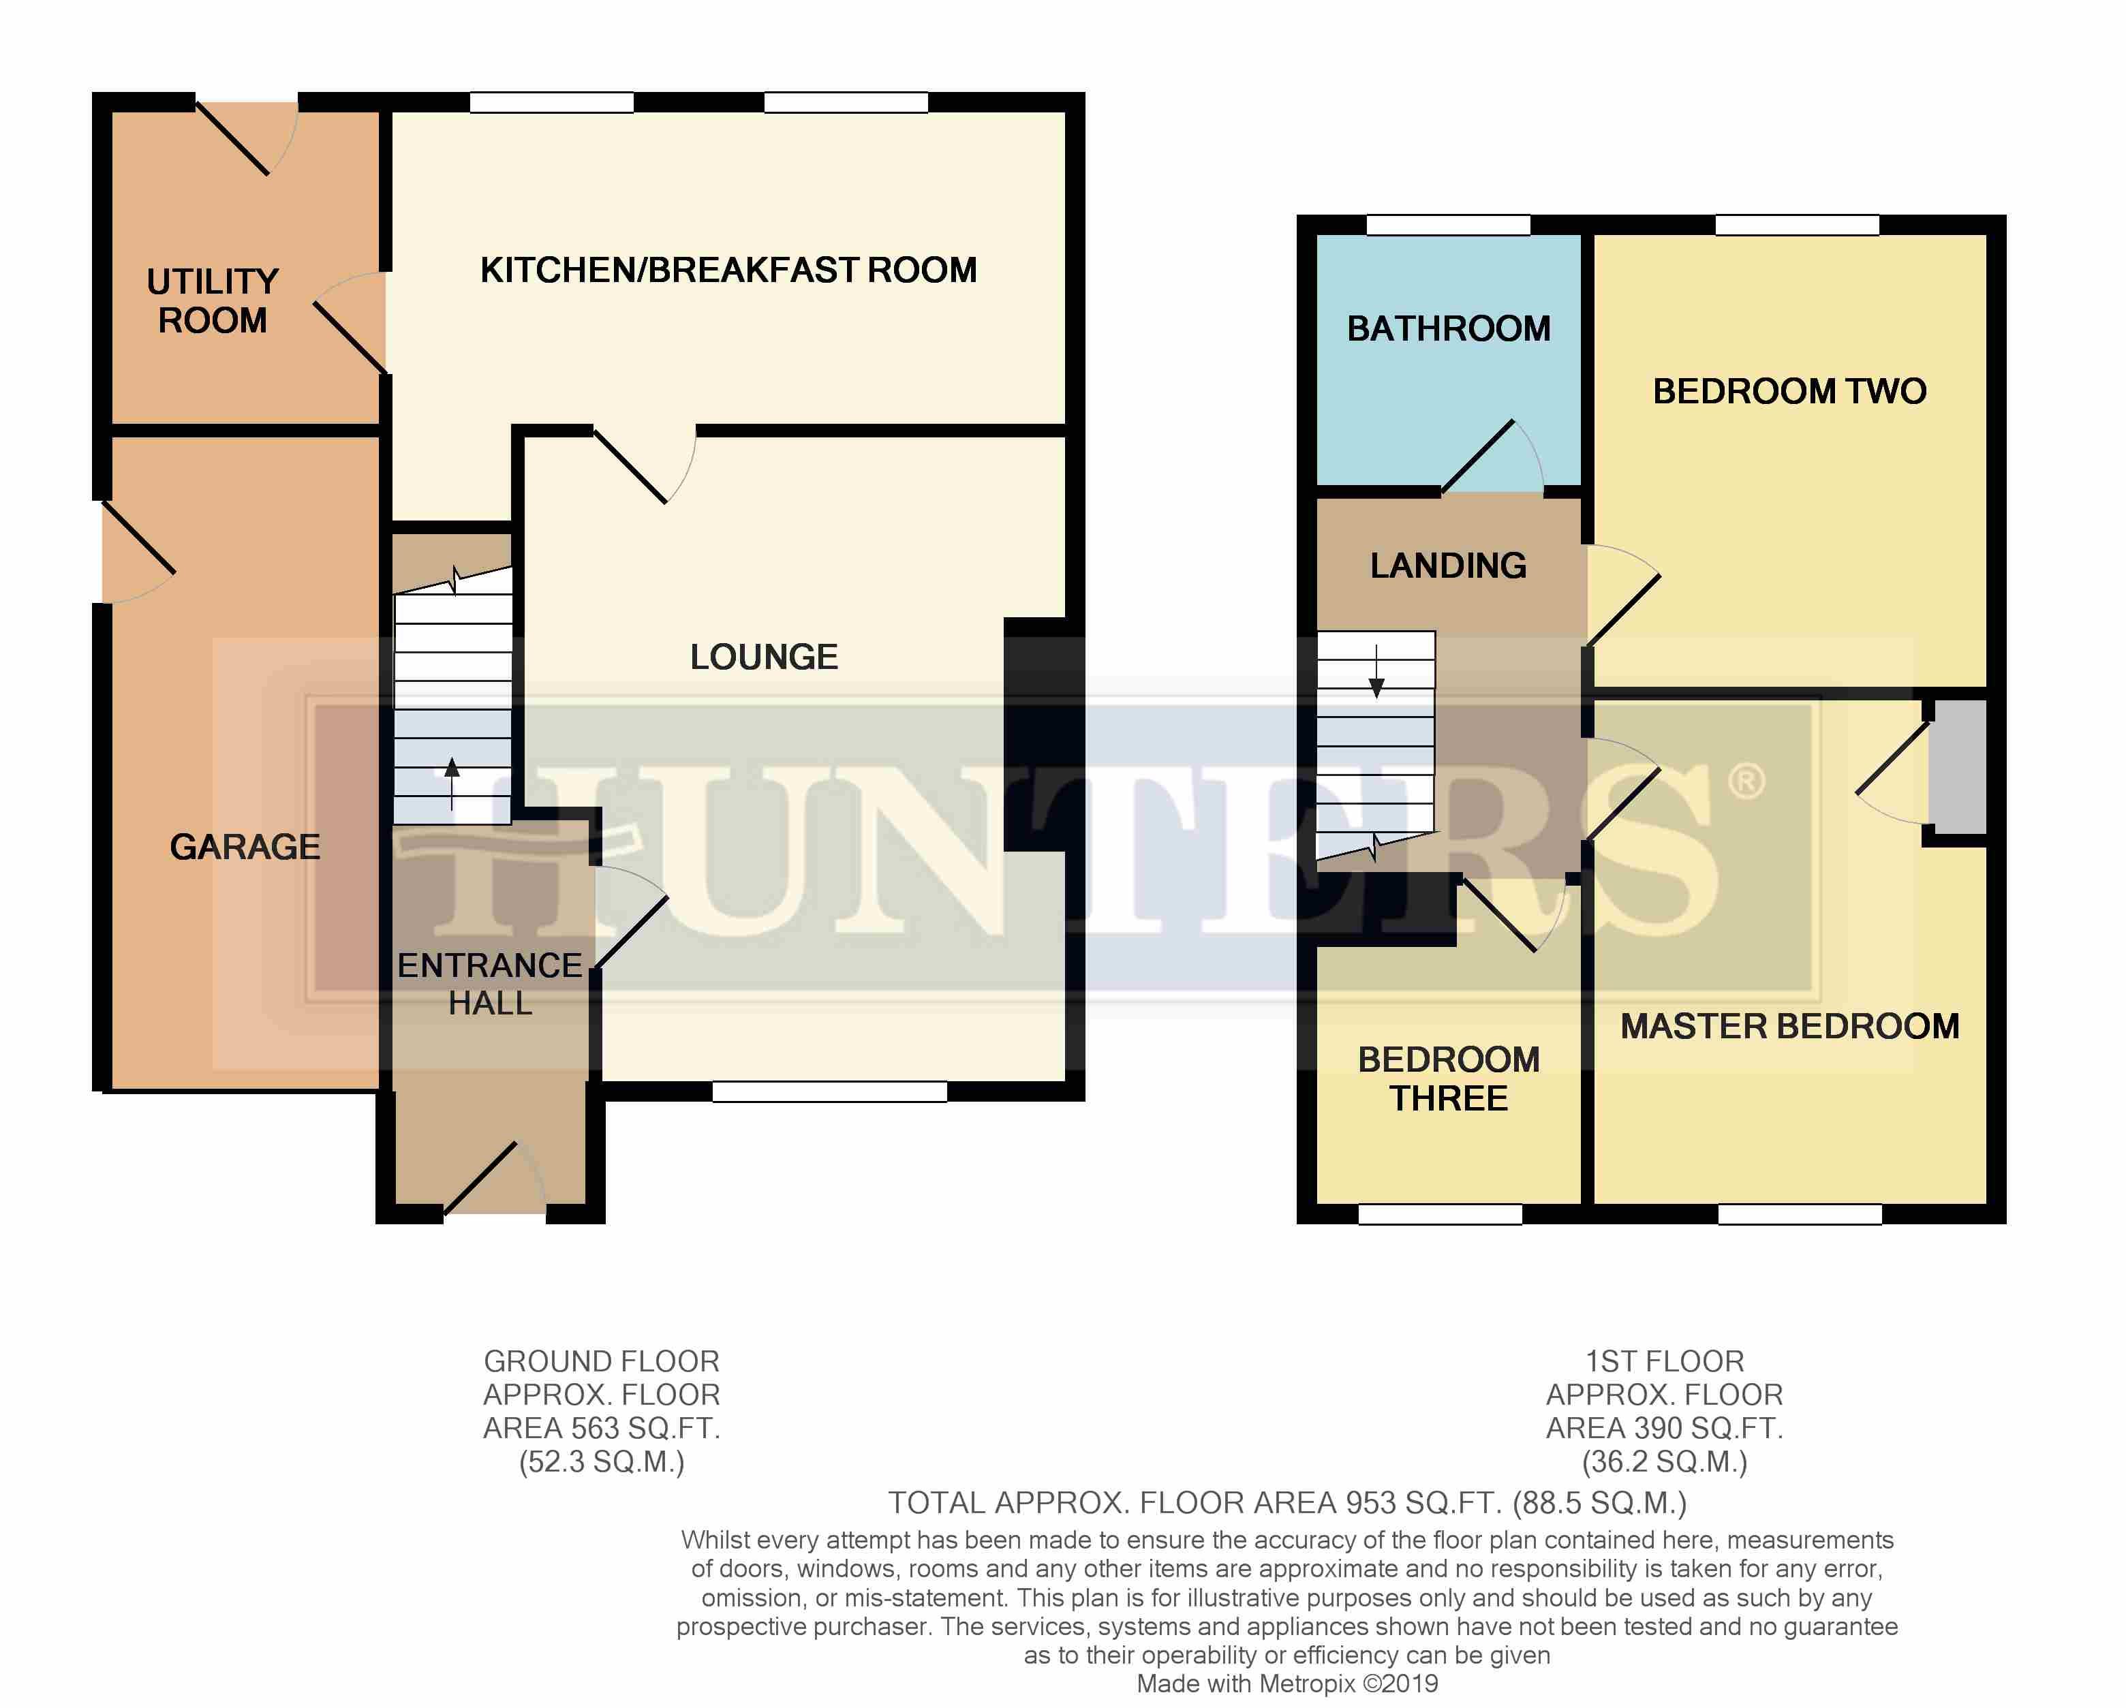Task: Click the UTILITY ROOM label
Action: (x=213, y=300)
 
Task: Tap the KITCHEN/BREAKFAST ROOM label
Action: (x=728, y=270)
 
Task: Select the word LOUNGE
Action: (x=765, y=657)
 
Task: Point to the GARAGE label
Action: (x=245, y=846)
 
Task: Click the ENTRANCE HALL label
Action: (x=490, y=984)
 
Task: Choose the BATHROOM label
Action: (x=1449, y=328)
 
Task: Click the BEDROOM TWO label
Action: (x=1790, y=392)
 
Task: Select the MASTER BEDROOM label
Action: (x=1790, y=1027)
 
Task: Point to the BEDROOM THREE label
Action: (x=1449, y=1079)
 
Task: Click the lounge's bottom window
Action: (x=829, y=1091)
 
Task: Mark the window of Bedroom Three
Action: (x=1440, y=1214)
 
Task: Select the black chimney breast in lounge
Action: (x=1043, y=734)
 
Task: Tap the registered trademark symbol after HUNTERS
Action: (x=1745, y=782)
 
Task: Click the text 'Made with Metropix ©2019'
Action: (x=1288, y=1684)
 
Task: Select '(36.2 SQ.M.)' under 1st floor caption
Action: (x=1665, y=1461)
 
